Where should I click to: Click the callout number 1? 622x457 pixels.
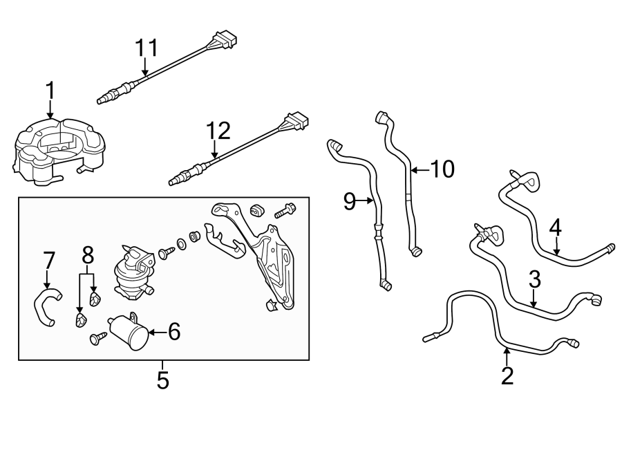click(50, 90)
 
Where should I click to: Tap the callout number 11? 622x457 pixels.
click(146, 48)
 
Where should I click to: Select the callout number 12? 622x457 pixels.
click(218, 131)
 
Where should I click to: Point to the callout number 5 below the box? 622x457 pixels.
click(162, 380)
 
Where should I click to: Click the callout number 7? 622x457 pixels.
click(48, 261)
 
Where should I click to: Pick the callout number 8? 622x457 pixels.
click(88, 255)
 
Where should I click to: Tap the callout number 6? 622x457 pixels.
click(173, 333)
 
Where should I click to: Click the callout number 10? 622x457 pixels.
click(442, 169)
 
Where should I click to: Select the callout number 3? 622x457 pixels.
click(534, 280)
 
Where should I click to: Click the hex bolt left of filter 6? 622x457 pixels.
click(97, 338)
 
